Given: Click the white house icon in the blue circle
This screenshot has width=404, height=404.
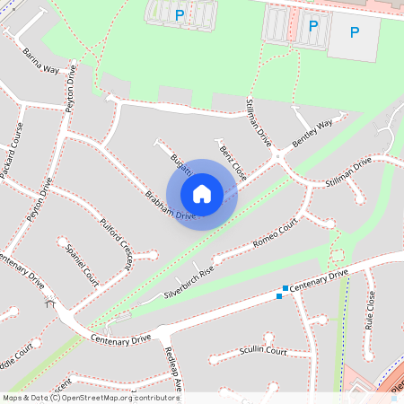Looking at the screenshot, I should (202, 194).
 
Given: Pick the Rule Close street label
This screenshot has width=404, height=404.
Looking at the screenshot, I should (369, 312).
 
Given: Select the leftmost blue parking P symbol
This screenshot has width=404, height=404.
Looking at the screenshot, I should (180, 14).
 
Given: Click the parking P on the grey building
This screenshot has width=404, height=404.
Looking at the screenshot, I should (355, 32).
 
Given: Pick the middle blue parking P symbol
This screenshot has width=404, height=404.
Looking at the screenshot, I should (313, 26).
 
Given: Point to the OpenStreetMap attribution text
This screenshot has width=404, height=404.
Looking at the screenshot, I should (90, 397).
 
